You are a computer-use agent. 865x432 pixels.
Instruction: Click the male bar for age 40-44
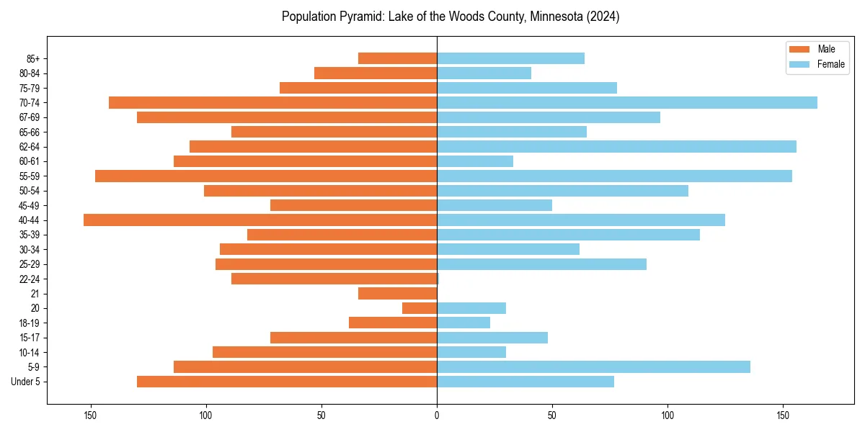tap(260, 220)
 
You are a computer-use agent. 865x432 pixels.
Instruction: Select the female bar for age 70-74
tap(627, 103)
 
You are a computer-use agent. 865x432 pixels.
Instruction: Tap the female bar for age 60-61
tap(475, 161)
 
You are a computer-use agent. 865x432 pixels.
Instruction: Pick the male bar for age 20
tap(420, 308)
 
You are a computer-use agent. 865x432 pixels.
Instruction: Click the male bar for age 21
tap(397, 294)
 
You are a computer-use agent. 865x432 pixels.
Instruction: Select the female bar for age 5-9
tap(593, 367)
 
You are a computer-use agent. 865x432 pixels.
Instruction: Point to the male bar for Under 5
tap(287, 382)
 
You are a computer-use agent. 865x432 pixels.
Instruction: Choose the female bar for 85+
tap(510, 58)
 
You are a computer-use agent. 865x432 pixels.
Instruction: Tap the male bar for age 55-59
tap(266, 176)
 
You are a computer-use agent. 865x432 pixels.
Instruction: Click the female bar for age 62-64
tap(616, 147)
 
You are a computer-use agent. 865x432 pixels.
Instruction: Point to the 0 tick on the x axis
tap(437, 415)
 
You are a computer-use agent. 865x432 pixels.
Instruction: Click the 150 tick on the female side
tap(783, 415)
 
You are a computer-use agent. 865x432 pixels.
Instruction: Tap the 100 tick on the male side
tap(206, 415)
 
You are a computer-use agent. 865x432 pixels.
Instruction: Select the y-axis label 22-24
tap(30, 279)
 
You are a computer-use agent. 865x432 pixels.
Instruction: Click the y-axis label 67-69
tap(30, 117)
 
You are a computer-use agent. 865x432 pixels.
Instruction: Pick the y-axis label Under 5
tap(26, 382)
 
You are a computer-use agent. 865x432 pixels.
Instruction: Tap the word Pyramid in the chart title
tap(359, 17)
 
